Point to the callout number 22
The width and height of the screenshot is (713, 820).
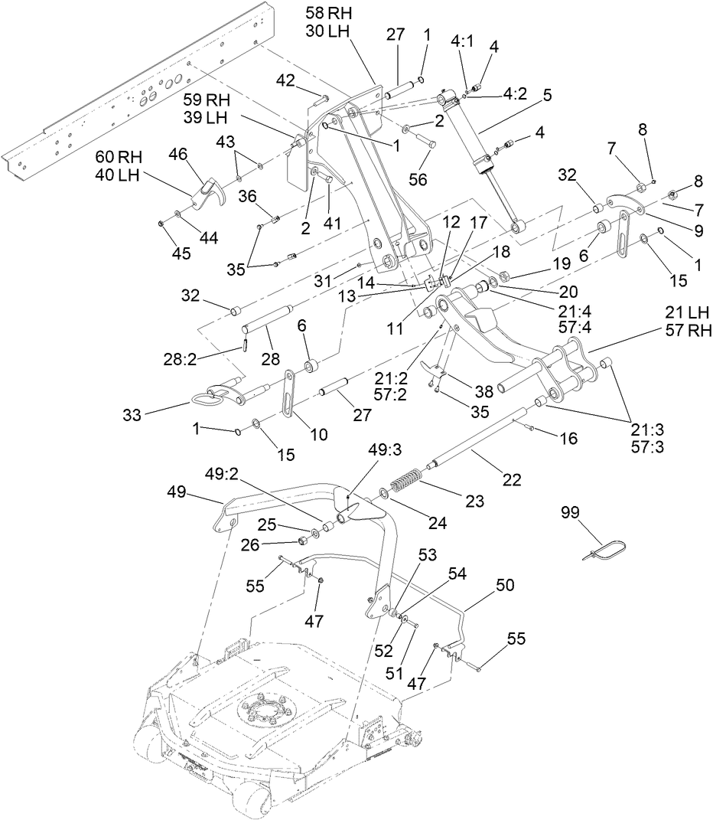(511, 480)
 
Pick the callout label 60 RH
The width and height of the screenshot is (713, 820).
(119, 157)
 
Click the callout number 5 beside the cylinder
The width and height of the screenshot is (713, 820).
(547, 96)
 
